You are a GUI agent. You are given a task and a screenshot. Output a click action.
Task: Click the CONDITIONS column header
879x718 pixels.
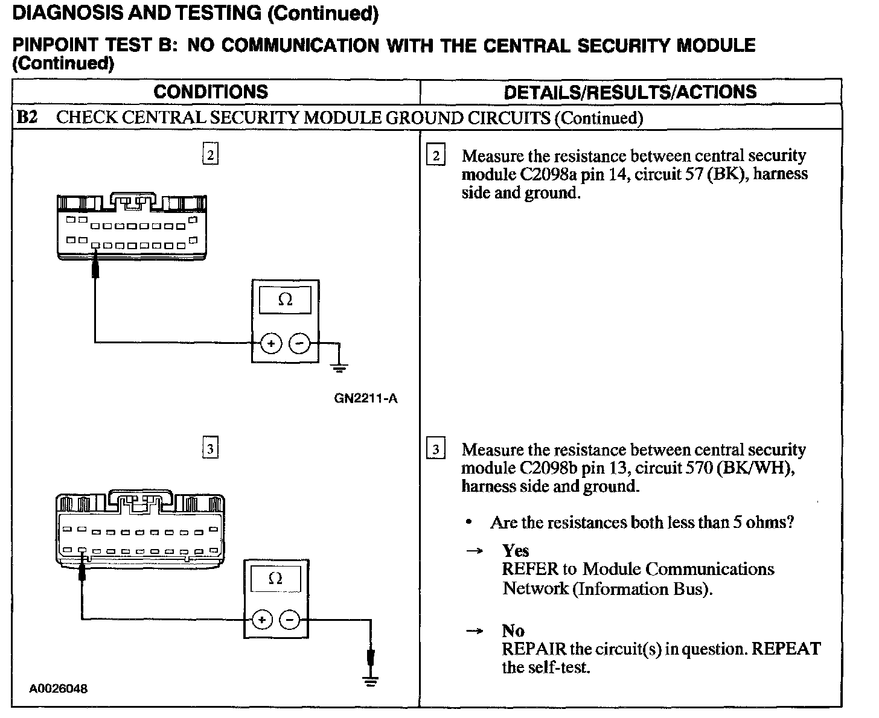tap(211, 92)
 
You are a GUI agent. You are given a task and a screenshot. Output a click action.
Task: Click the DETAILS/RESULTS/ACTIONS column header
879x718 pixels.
tap(630, 92)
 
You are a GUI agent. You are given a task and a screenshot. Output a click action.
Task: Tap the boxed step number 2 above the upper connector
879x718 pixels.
tap(209, 155)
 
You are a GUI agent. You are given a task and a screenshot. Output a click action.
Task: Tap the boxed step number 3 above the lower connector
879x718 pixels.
tap(209, 449)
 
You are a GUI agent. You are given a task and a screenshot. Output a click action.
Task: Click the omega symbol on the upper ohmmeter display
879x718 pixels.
tap(286, 300)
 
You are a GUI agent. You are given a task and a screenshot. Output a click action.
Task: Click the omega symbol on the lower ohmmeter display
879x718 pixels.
tap(275, 579)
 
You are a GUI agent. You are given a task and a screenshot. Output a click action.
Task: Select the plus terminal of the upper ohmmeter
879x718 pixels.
tap(272, 344)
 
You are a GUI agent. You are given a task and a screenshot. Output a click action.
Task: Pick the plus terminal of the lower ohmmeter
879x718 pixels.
tap(262, 620)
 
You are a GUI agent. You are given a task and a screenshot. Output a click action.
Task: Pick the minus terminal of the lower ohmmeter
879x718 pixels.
tap(290, 620)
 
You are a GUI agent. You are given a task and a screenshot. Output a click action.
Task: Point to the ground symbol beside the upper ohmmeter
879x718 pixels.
tap(340, 365)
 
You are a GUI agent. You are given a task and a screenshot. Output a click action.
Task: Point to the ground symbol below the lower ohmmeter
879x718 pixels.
tap(371, 682)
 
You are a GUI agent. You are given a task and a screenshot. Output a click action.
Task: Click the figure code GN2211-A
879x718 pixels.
tap(366, 399)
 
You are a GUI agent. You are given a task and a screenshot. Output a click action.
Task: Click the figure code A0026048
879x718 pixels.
tap(58, 689)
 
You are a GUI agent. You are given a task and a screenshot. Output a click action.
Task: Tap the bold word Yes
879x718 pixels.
tap(516, 550)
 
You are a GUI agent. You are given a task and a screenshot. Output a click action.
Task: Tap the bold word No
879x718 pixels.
tap(513, 631)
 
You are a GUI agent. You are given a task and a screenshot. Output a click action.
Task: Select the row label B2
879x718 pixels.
tap(27, 117)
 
